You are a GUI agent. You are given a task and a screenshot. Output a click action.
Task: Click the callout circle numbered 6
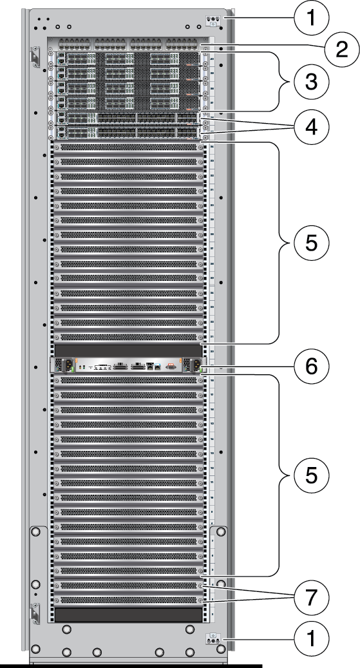pos(311,368)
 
